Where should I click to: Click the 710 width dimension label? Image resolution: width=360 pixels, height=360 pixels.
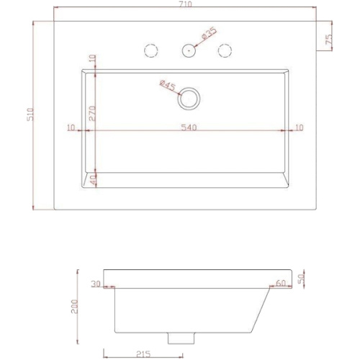point(186,4)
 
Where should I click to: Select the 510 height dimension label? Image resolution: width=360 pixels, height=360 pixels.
point(31,114)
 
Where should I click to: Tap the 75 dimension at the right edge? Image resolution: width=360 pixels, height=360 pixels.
point(329,38)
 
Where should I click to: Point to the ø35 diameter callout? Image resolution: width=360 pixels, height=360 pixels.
point(210,34)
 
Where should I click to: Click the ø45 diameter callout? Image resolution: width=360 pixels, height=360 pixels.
point(168,85)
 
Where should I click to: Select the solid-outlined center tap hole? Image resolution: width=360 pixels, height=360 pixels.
point(189,50)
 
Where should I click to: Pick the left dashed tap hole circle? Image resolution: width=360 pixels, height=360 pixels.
point(151,50)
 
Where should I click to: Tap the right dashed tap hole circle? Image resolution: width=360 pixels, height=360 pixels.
point(225,50)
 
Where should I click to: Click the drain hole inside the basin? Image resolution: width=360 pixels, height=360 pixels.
point(189,99)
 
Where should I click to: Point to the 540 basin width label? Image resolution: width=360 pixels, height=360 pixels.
point(189,127)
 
